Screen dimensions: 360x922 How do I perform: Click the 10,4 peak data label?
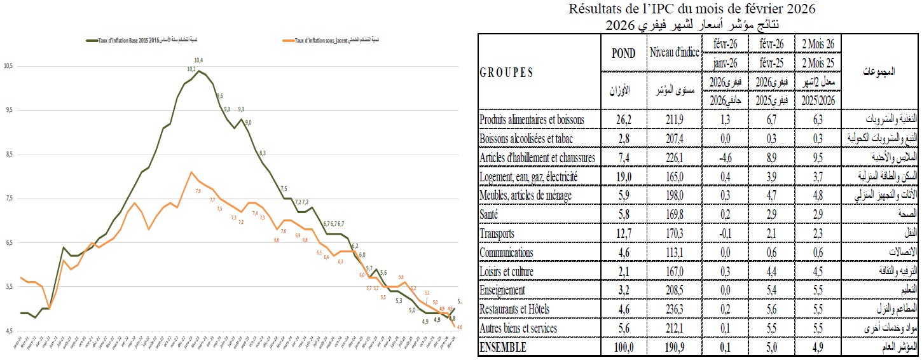198,60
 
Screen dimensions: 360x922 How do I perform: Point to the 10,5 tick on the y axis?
8,66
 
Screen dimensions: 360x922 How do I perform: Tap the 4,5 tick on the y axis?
8,331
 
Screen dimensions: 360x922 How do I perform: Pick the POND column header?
623,53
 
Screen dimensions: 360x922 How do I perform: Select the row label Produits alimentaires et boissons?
532,119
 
